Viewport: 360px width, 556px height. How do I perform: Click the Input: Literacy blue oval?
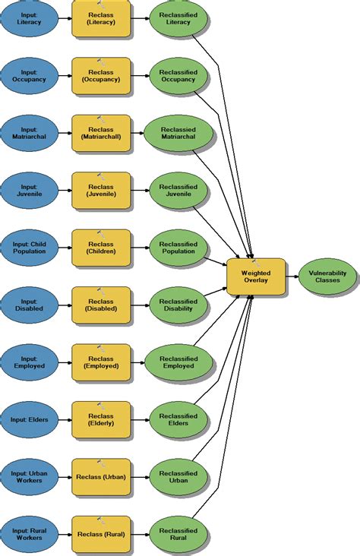(30, 18)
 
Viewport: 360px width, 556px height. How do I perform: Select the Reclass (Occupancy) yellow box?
(101, 75)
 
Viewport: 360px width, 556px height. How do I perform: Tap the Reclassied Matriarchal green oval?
(178, 132)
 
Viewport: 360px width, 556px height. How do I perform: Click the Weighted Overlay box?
(256, 277)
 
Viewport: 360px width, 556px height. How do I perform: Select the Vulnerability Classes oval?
(327, 277)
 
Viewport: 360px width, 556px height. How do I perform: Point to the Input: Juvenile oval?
(30, 190)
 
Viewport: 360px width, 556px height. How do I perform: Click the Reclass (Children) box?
(101, 248)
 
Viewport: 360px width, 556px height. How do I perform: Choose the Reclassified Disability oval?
(178, 305)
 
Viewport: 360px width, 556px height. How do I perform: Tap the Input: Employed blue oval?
(30, 362)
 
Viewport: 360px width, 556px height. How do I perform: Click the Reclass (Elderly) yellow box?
(101, 419)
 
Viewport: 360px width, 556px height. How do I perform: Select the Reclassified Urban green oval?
(178, 477)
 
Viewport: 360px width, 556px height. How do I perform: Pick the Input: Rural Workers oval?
(30, 535)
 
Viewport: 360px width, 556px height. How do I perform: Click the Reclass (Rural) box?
(101, 535)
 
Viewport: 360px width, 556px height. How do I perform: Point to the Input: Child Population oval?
(30, 248)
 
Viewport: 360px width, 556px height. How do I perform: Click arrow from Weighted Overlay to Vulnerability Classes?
(292, 277)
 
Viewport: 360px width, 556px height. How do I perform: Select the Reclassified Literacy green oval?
(178, 18)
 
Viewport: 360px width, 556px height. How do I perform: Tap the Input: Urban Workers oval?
(30, 477)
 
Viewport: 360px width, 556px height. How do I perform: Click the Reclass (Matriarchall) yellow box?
(101, 132)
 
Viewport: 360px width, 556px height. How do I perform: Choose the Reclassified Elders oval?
(178, 419)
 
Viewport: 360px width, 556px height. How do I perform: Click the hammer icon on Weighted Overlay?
(255, 262)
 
